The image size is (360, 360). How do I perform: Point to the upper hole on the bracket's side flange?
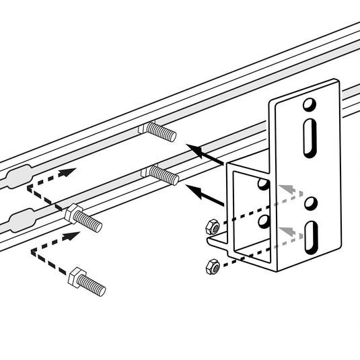coord(262,184)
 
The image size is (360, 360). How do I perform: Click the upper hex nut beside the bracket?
coord(211,227)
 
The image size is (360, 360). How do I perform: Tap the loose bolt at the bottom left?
coord(86,283)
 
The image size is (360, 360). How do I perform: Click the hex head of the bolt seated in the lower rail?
coord(70,214)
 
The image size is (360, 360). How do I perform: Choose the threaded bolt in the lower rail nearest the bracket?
coord(161,174)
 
